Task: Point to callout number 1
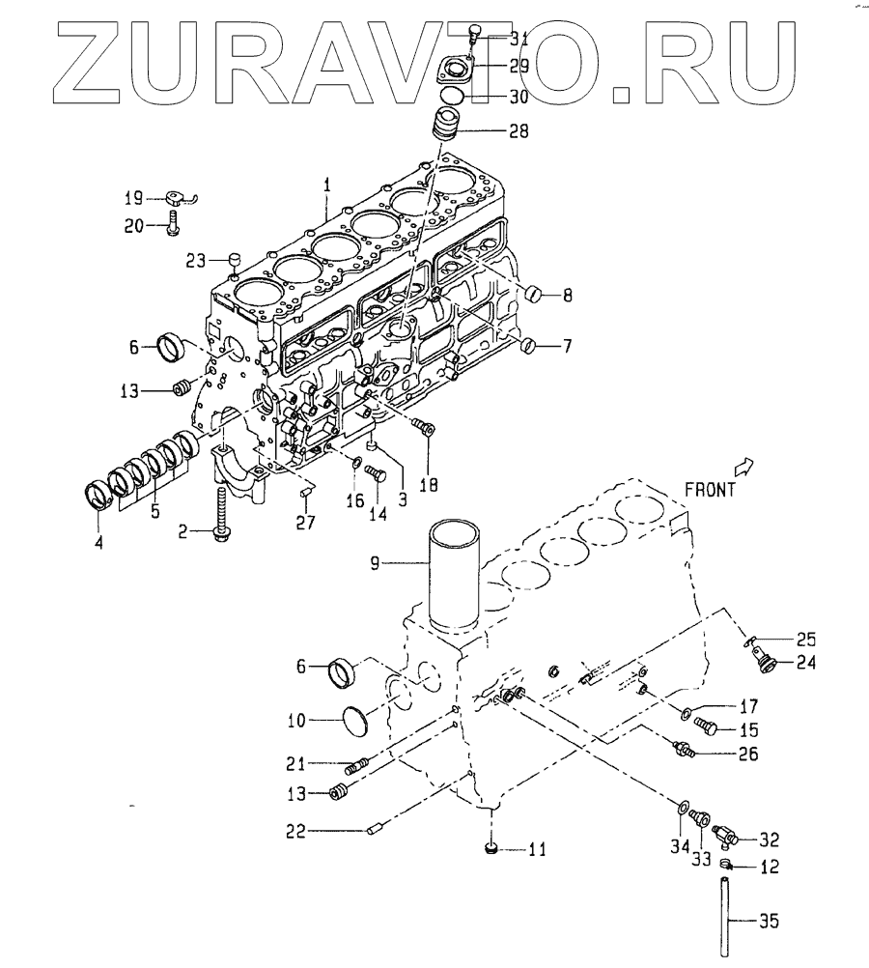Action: click(x=327, y=184)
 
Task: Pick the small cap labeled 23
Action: click(x=233, y=258)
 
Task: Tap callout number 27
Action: click(x=305, y=523)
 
